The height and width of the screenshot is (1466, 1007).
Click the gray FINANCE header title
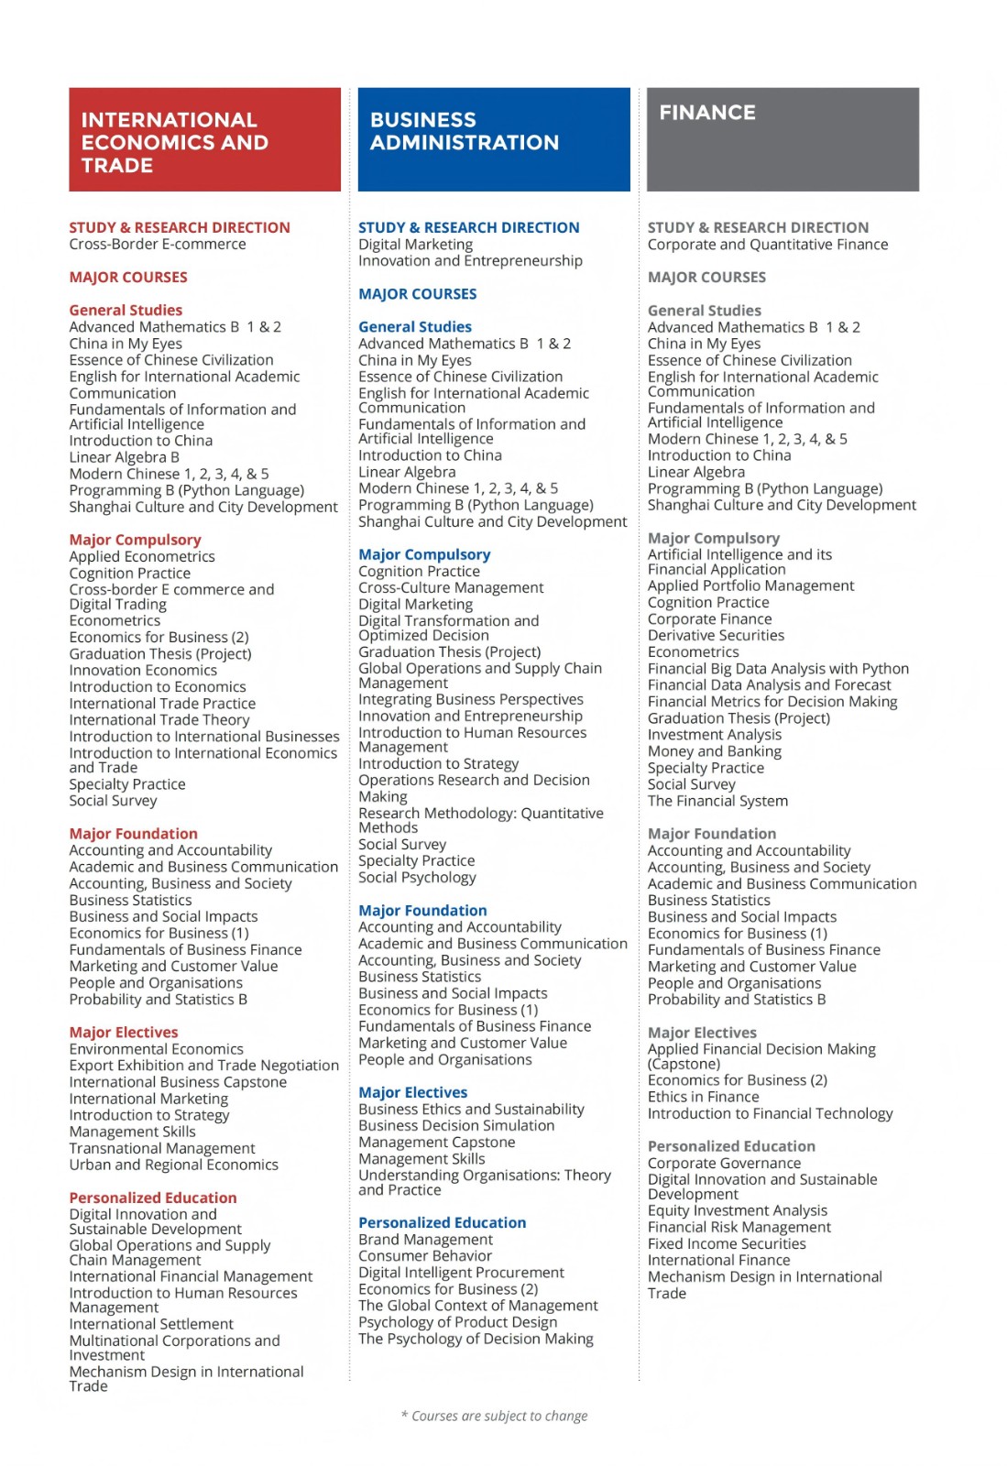(707, 113)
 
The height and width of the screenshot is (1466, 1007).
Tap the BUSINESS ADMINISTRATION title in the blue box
(464, 131)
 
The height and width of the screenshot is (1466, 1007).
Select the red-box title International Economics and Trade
(174, 142)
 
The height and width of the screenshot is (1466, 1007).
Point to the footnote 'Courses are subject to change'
(495, 1416)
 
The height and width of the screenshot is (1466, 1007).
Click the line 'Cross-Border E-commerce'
(158, 245)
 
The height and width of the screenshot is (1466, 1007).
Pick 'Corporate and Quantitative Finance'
(767, 245)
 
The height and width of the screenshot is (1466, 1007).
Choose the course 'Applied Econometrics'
(142, 556)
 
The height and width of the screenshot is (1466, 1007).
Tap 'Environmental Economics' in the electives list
(157, 1049)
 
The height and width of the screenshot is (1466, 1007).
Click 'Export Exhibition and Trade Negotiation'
(203, 1066)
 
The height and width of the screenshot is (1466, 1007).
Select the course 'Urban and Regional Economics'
(173, 1165)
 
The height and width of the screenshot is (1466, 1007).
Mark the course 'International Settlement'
(151, 1324)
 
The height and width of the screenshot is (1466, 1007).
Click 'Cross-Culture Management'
(451, 587)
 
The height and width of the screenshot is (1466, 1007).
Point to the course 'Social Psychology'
(417, 877)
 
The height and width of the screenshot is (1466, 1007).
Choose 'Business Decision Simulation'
(456, 1125)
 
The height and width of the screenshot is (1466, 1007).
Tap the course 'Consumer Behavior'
(425, 1256)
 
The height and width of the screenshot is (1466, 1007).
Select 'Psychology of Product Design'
(457, 1322)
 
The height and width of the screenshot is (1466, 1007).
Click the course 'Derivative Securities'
(716, 635)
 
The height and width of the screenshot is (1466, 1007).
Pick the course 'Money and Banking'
(714, 751)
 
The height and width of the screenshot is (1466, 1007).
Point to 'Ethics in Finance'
(703, 1097)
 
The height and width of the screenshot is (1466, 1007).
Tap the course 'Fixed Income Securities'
(727, 1243)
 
